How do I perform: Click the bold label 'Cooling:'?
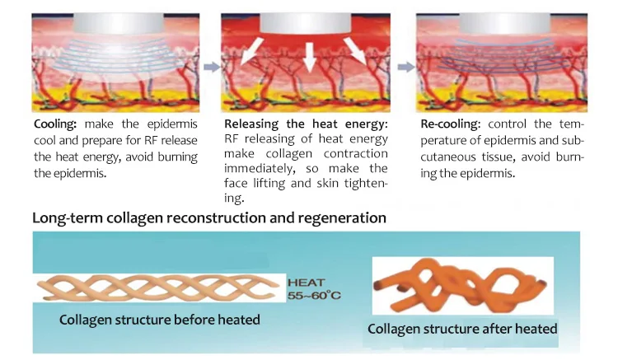tap(54, 124)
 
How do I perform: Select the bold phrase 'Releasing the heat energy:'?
tap(305, 124)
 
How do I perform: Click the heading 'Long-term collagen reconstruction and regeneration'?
tap(209, 218)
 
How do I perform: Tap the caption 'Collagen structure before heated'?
tap(159, 319)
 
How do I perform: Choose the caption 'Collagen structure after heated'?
tap(462, 329)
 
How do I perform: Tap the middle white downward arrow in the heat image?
tap(309, 55)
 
